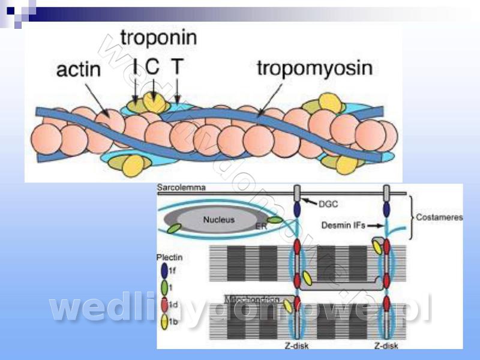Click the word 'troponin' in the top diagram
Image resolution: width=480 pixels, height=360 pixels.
click(158, 37)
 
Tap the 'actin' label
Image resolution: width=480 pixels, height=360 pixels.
click(78, 69)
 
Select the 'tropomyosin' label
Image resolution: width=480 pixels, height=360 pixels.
click(314, 67)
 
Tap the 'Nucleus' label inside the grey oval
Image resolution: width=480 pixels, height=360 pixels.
click(219, 220)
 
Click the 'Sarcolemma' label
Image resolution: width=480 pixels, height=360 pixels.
click(181, 188)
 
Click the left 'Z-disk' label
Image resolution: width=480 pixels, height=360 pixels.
click(297, 345)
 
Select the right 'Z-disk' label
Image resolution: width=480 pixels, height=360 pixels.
click(386, 345)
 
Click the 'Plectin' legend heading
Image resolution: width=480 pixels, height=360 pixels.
click(170, 257)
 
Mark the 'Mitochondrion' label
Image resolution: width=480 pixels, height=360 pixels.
click(251, 298)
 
